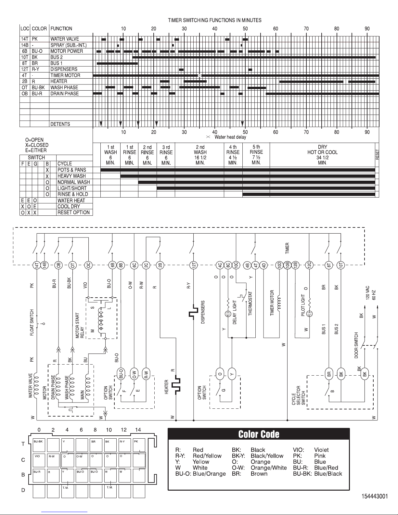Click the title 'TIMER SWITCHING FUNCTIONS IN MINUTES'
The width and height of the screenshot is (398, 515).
coord(215,20)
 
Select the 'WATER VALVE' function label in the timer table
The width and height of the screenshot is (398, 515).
coord(65,39)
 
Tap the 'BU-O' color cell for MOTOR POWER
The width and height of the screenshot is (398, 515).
coord(37,51)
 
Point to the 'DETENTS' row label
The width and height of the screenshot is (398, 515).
coord(60,124)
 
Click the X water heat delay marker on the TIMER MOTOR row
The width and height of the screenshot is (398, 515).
coord(200,76)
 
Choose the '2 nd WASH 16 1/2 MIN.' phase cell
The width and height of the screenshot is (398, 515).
coord(200,155)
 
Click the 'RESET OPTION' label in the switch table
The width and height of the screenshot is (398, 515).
coord(73,212)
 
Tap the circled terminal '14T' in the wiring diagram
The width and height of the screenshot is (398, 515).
coord(37,265)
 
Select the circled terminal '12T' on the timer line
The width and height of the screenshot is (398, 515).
coord(194,265)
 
